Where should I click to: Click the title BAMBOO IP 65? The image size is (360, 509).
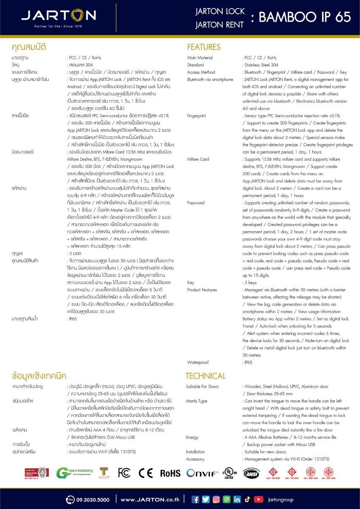304,17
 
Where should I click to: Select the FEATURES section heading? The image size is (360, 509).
204,47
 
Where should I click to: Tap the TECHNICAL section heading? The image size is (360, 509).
206,376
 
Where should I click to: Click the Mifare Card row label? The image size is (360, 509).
198,159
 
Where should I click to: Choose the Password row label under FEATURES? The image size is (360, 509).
195,203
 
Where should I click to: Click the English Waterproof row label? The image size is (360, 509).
198,362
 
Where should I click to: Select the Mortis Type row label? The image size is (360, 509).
197,401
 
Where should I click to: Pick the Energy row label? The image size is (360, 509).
193,437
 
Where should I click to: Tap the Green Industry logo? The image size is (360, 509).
75,473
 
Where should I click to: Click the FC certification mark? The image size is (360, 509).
124,473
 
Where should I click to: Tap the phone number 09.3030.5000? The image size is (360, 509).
88,500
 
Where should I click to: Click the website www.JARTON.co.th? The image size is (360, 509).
150,500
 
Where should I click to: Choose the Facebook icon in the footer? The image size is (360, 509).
195,499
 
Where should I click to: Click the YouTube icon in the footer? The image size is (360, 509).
258,499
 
